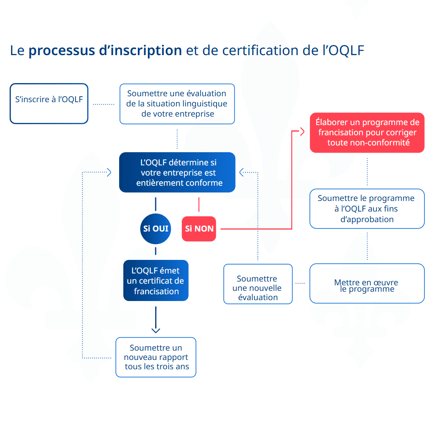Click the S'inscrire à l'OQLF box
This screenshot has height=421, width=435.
click(x=49, y=103)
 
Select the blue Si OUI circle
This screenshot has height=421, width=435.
click(x=156, y=229)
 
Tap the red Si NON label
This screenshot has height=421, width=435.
click(x=199, y=229)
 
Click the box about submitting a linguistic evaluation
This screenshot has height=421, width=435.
click(x=177, y=104)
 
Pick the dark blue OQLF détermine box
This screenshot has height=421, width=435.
click(x=177, y=173)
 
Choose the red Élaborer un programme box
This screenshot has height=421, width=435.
click(x=367, y=132)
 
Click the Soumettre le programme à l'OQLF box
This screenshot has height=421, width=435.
click(x=367, y=209)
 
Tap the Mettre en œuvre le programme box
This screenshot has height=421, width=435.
click(x=367, y=283)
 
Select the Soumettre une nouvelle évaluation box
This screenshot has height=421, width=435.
click(x=258, y=284)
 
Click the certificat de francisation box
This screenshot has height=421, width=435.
click(x=156, y=281)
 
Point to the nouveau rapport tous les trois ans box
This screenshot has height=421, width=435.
click(x=156, y=357)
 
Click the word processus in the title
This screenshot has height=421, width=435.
click(x=62, y=51)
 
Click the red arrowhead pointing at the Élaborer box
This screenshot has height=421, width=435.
click(x=302, y=132)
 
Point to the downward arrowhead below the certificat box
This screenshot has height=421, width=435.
click(x=156, y=329)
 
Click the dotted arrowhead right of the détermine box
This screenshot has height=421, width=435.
click(x=242, y=172)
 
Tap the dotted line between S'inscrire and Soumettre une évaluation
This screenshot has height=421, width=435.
click(x=103, y=103)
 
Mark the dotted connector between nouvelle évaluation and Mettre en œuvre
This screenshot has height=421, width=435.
click(x=301, y=283)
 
